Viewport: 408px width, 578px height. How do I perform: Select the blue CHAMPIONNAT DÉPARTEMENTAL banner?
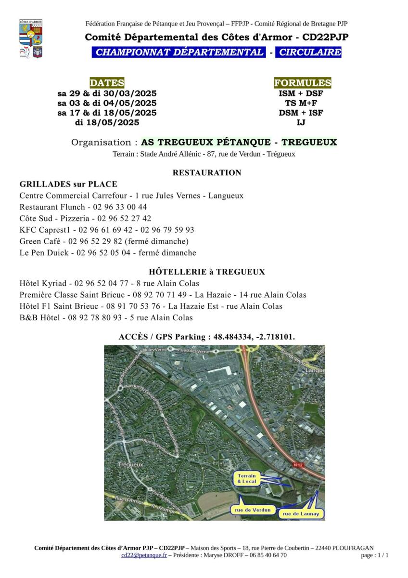(178, 53)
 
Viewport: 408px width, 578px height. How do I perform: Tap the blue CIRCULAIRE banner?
(308, 53)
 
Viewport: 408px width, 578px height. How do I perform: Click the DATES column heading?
(107, 83)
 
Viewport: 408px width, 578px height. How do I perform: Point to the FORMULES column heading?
(302, 83)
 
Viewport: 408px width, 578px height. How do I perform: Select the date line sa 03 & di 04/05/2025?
(107, 103)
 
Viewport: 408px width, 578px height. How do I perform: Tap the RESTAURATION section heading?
(207, 173)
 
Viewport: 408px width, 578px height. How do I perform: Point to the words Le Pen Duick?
(40, 253)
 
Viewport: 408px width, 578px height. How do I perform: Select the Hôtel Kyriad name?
(39, 283)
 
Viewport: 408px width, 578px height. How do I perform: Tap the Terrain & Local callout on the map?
(247, 479)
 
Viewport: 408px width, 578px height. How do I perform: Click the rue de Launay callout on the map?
(301, 514)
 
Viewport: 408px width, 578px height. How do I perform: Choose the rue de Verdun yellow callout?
(253, 510)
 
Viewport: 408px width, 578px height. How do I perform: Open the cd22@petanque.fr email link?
(144, 555)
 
